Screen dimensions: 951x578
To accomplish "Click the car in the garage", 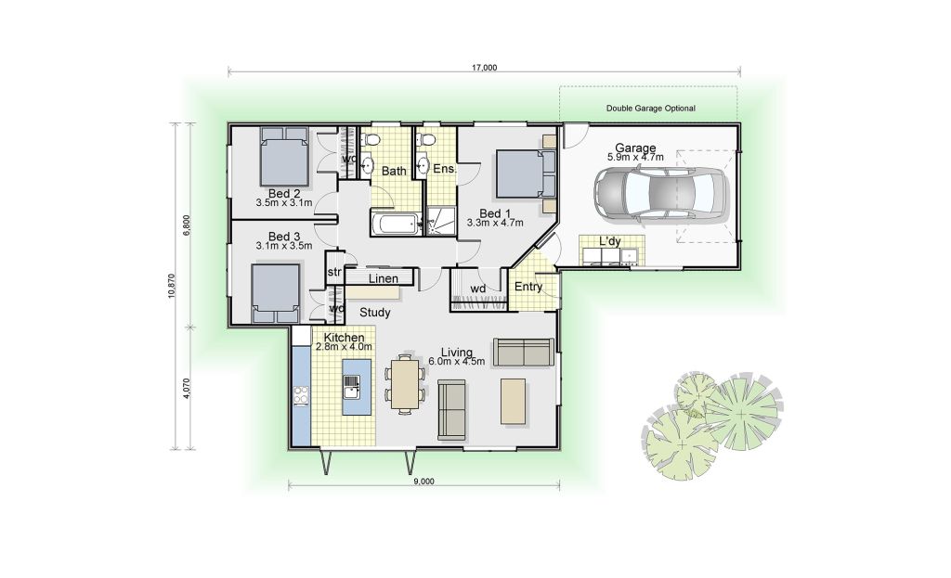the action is tap(660, 193).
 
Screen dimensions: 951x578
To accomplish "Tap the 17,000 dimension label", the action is tap(484, 67).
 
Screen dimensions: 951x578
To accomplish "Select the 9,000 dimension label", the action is tap(423, 482).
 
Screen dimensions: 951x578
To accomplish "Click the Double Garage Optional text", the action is tap(651, 109).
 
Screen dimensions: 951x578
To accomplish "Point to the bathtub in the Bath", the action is tap(394, 223).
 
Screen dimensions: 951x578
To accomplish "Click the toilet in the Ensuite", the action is tap(426, 141).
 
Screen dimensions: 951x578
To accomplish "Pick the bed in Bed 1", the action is tap(526, 173).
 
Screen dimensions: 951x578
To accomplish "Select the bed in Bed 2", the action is tap(284, 156).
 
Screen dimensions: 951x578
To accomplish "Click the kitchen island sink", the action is tap(352, 387).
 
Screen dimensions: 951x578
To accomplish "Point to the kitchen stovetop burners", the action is tap(301, 395).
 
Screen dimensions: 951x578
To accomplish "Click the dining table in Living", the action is tap(405, 383).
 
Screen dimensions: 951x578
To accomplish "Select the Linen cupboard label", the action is tap(384, 278).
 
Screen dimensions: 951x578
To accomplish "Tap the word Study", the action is tap(375, 313).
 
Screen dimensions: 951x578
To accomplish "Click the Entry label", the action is tap(528, 287).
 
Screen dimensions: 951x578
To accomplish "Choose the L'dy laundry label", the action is tap(610, 241).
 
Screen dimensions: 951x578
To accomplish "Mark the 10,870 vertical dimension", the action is tap(172, 286).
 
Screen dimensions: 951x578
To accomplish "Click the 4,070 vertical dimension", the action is tap(187, 389).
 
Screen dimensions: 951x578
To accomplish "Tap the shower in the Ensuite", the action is tap(440, 221).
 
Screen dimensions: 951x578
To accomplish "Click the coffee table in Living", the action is tap(513, 401).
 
